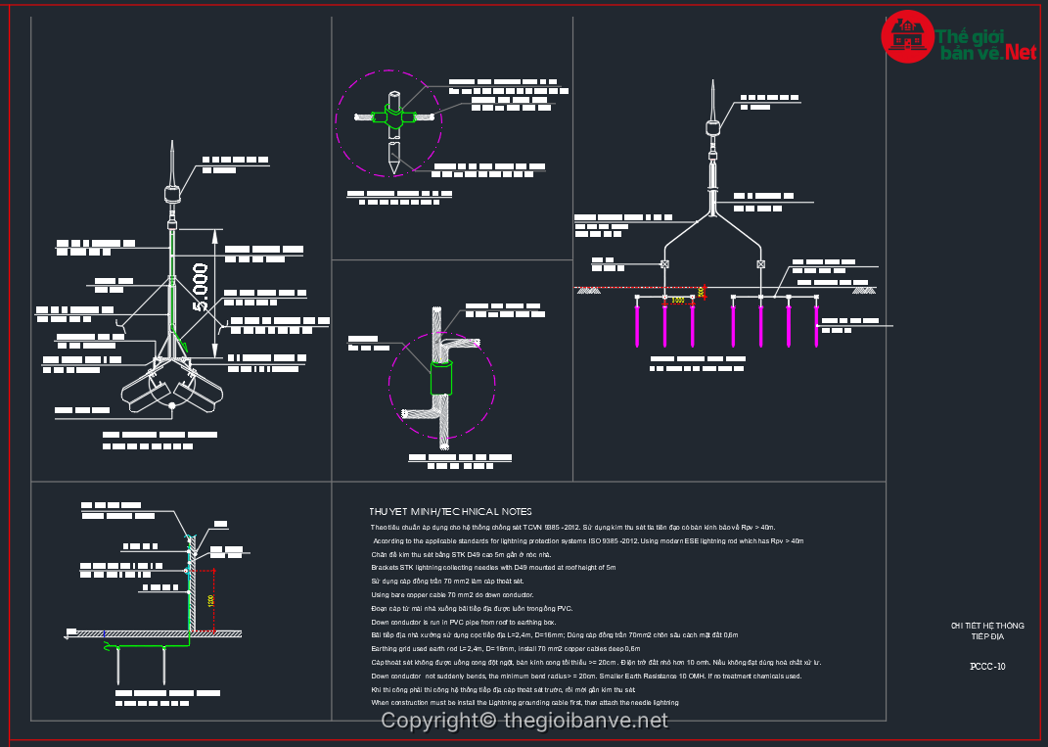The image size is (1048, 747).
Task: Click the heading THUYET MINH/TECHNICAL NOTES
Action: click(450, 511)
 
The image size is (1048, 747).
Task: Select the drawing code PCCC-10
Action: click(986, 667)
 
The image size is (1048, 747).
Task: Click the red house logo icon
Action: click(907, 36)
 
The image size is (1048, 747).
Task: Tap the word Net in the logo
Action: click(1019, 52)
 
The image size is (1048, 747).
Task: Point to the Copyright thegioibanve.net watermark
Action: click(524, 722)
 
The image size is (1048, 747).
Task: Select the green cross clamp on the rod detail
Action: click(393, 117)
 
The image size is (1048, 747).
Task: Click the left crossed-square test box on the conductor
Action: click(665, 264)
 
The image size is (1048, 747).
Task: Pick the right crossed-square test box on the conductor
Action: click(760, 264)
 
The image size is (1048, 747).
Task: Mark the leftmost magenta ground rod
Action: click(637, 324)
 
